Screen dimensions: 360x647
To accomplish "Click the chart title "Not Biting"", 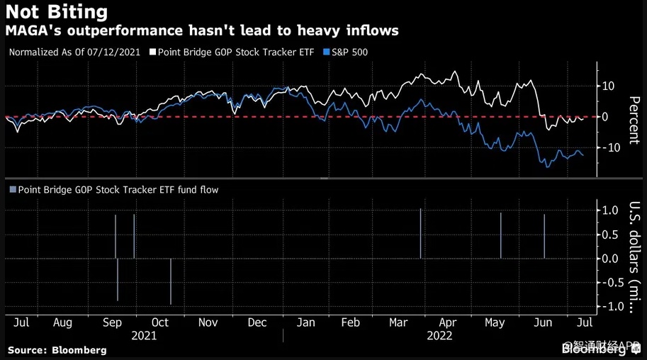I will pos(57,12).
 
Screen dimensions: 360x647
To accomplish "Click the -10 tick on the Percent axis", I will pos(608,147).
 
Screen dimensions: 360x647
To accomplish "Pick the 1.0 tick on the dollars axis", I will pos(610,210).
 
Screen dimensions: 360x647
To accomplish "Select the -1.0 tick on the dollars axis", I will pos(608,306).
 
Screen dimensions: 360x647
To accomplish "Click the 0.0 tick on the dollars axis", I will pos(610,258).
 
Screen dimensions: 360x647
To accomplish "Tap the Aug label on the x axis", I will pos(62,323).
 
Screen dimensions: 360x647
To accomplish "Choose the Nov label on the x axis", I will pos(208,323).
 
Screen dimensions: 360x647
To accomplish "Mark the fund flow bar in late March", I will pos(421,234).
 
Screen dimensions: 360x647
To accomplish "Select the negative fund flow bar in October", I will pos(171,281).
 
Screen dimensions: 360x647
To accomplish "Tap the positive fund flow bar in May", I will pos(501,235).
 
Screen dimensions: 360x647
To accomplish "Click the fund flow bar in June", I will pos(544,236).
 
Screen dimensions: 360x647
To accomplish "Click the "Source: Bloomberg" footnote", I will pos(57,350).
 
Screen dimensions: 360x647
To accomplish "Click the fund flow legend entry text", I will pos(118,189).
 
